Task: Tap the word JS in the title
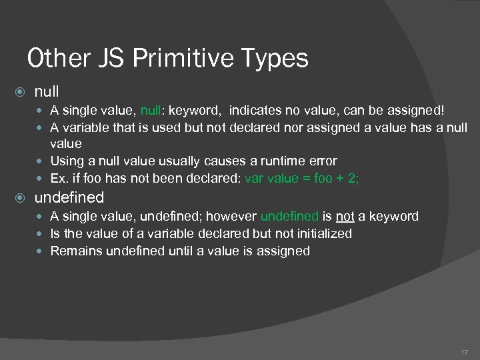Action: click(107, 59)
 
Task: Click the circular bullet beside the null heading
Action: click(21, 92)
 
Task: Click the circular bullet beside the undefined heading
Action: click(21, 198)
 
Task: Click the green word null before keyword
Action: click(151, 110)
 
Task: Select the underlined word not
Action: click(345, 217)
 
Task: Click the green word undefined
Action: click(289, 217)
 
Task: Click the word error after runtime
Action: click(321, 161)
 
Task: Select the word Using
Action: click(67, 161)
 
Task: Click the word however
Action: click(232, 217)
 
